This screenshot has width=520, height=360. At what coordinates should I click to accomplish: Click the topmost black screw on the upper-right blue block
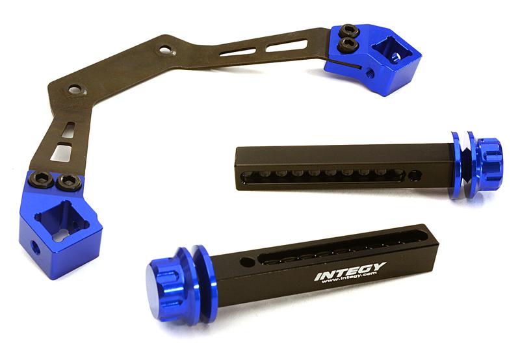[350, 31]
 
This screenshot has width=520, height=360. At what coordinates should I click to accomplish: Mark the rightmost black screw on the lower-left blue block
[66, 183]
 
